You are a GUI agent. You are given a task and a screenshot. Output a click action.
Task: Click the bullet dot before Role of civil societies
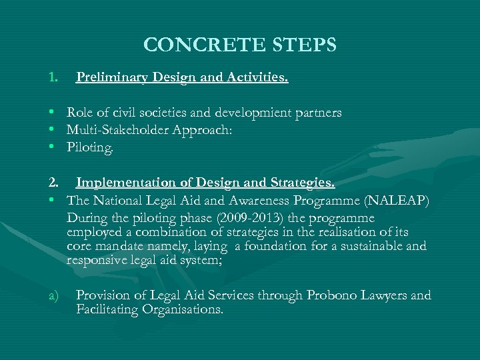pyautogui.click(x=51, y=113)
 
